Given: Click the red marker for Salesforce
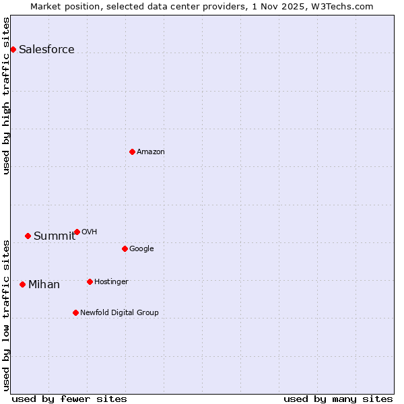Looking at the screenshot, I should pyautogui.click(x=13, y=49).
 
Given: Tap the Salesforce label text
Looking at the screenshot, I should pyautogui.click(x=46, y=50).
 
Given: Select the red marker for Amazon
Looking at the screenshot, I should pyautogui.click(x=132, y=151).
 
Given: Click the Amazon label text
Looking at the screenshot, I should pyautogui.click(x=151, y=152).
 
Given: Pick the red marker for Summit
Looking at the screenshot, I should pyautogui.click(x=28, y=236).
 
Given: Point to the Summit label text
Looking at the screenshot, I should pyautogui.click(x=55, y=236).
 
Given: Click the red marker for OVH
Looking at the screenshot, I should pyautogui.click(x=77, y=232).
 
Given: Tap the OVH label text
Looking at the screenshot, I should pyautogui.click(x=90, y=232).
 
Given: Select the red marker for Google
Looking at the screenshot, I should pyautogui.click(x=125, y=248).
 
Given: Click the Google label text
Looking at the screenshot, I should pyautogui.click(x=141, y=249).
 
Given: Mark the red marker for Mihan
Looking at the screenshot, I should pyautogui.click(x=22, y=284).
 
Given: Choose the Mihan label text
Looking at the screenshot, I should pyautogui.click(x=44, y=285).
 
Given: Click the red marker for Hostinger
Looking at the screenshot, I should pyautogui.click(x=90, y=281).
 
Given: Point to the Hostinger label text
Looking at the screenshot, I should pyautogui.click(x=111, y=282).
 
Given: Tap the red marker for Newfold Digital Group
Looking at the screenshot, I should pyautogui.click(x=75, y=312).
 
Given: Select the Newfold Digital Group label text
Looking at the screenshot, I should pyautogui.click(x=119, y=313).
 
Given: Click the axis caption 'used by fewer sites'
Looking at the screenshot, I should pyautogui.click(x=69, y=399).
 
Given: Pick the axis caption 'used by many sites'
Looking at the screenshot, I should pyautogui.click(x=338, y=399).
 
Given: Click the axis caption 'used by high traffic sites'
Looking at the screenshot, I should pyautogui.click(x=6, y=96).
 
